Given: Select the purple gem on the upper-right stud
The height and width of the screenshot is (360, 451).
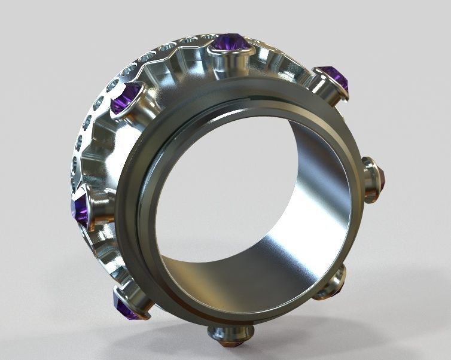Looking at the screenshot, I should [x=334, y=77].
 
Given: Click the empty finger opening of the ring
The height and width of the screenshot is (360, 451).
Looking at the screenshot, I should [x=239, y=197].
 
